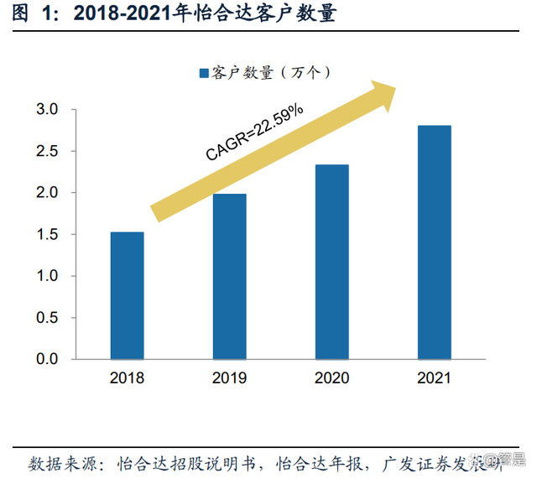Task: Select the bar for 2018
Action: [127, 295]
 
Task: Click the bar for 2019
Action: [229, 276]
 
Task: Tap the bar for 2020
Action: [331, 262]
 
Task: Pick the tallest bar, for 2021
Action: [434, 242]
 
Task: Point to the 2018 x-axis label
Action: [127, 378]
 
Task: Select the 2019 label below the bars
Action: [229, 378]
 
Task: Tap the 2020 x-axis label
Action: [331, 378]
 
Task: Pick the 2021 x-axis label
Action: [434, 378]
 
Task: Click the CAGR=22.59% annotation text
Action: [254, 130]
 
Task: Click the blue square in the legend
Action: [203, 74]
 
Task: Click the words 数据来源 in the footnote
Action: [63, 462]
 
